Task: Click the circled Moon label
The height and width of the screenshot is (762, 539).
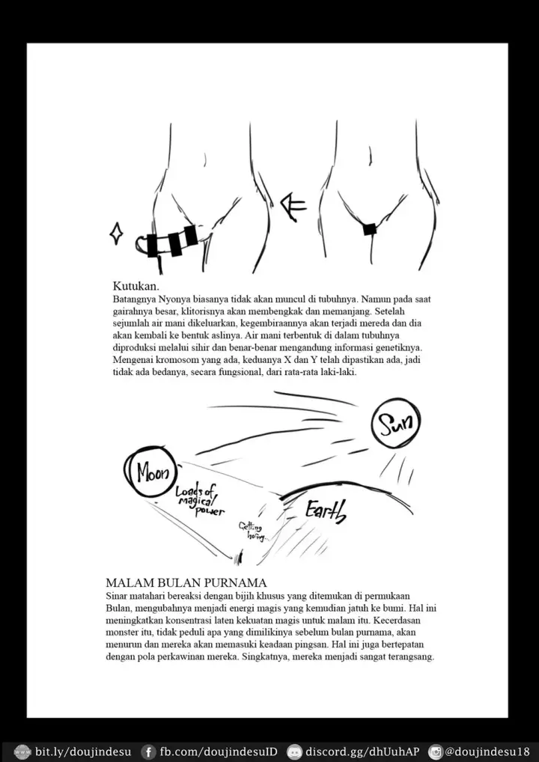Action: [x=152, y=472]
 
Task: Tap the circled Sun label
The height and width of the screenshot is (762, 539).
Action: [x=396, y=424]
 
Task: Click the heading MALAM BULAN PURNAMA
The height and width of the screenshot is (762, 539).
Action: [x=186, y=582]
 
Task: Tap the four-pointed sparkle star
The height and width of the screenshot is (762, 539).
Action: [x=116, y=234]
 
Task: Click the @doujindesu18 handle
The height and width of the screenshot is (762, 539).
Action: [x=488, y=752]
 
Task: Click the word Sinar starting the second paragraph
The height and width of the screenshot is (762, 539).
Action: [x=119, y=596]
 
